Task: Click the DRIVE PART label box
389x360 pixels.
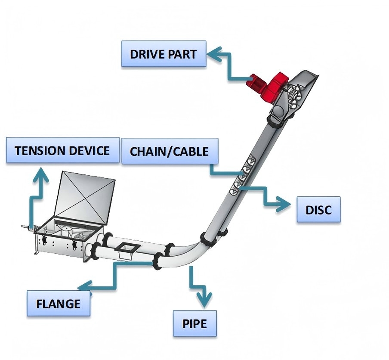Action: point(164,54)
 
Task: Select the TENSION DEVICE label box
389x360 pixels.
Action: point(62,150)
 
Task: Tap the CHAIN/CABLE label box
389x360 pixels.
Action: point(169,151)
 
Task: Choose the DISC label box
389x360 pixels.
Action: point(318,210)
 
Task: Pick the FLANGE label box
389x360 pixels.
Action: point(59,304)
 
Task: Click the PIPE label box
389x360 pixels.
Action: point(194,323)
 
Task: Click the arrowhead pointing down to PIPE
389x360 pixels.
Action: point(204,300)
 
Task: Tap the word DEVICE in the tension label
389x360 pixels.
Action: point(90,151)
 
